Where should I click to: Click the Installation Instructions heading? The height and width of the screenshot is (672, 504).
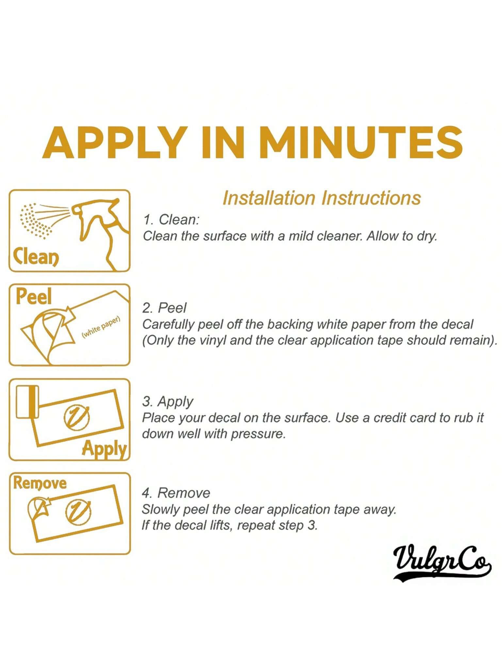[x=321, y=198]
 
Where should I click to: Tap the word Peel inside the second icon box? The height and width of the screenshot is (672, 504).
[x=34, y=296]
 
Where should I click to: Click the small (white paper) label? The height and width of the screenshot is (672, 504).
[x=101, y=327]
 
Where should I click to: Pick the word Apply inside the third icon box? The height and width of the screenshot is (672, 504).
[x=104, y=449]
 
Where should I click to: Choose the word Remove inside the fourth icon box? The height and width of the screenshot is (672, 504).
[x=40, y=483]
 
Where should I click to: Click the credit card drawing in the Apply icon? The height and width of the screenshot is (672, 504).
[x=27, y=402]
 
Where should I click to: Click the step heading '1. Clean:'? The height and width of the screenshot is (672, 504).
[x=171, y=220]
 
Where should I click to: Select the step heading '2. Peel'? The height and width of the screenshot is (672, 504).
[x=164, y=308]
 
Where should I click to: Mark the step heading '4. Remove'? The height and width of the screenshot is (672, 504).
[x=176, y=493]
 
